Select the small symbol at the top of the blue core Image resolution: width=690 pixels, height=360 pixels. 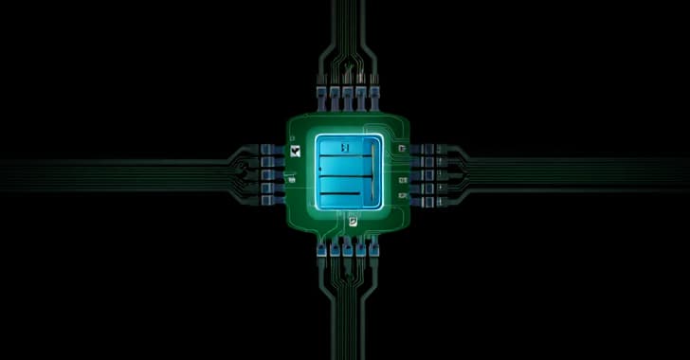[x=346, y=148]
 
